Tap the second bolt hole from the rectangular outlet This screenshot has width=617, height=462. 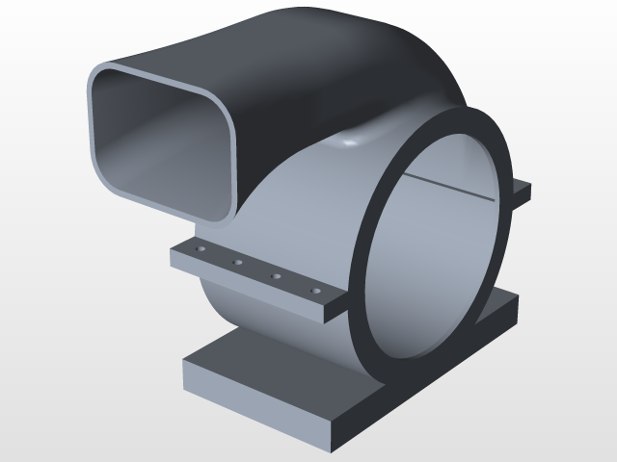[x=236, y=262]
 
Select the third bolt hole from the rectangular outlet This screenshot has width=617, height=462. [x=276, y=277]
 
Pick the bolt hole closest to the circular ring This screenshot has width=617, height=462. [x=314, y=290]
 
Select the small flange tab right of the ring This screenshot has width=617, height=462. [x=522, y=192]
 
